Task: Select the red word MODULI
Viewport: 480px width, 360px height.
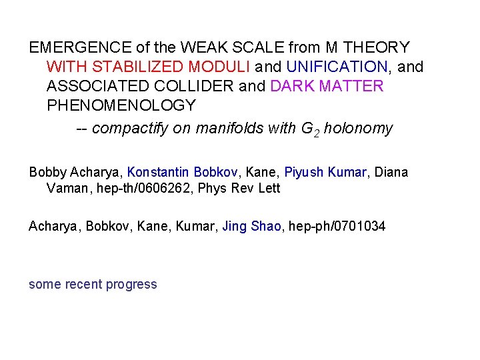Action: (x=220, y=67)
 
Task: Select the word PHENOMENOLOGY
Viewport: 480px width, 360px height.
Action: (x=121, y=106)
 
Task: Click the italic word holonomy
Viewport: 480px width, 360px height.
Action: (x=358, y=129)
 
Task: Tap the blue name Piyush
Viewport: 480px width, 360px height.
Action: (x=305, y=173)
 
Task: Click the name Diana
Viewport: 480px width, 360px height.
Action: (x=391, y=173)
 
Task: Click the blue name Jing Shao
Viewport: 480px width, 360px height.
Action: (x=253, y=227)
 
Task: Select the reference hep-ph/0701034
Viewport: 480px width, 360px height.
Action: (x=338, y=227)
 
